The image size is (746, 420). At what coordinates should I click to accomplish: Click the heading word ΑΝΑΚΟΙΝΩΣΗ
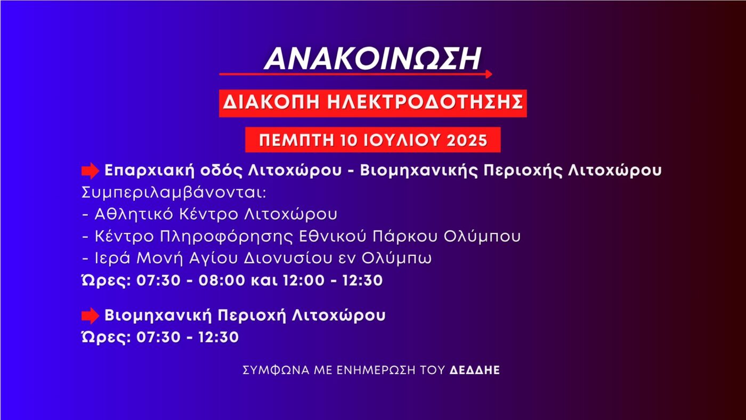[373, 58]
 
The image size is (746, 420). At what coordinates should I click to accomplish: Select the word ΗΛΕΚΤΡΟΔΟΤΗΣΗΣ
[421, 103]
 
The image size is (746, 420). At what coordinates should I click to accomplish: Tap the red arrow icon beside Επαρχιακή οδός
[90, 171]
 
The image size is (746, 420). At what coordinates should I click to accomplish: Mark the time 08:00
[221, 280]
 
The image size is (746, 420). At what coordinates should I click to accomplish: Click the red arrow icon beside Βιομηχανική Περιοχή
[90, 316]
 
